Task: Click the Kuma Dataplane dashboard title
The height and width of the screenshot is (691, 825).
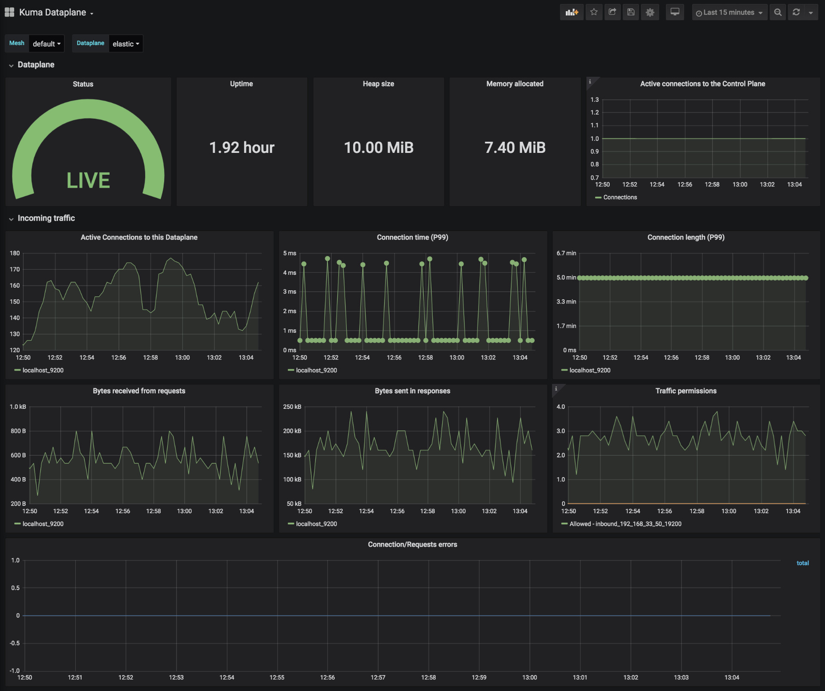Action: pyautogui.click(x=52, y=12)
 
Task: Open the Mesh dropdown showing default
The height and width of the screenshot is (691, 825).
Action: pyautogui.click(x=46, y=44)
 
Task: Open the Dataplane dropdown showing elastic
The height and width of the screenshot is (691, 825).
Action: pyautogui.click(x=125, y=44)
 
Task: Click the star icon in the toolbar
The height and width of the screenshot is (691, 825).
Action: pyautogui.click(x=594, y=12)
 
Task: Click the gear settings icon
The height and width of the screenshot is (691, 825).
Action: pyautogui.click(x=650, y=12)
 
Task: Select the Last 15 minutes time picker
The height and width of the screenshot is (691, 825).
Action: pyautogui.click(x=729, y=12)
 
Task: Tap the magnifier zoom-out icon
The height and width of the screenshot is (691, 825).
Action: pyautogui.click(x=778, y=12)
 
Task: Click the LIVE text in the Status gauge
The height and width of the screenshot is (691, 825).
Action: pyautogui.click(x=88, y=180)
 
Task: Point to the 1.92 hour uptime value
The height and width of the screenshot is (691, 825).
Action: pyautogui.click(x=241, y=148)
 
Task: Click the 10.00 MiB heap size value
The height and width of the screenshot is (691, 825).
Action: pyautogui.click(x=379, y=148)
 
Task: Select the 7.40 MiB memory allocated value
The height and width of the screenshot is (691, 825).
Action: pyautogui.click(x=515, y=148)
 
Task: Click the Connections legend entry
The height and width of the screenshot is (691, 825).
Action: pyautogui.click(x=620, y=197)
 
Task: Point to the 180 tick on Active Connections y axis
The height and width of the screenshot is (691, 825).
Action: pyautogui.click(x=15, y=253)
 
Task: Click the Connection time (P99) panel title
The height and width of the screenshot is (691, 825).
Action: pyautogui.click(x=412, y=237)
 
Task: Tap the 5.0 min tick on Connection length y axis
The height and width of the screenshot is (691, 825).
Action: pyautogui.click(x=566, y=277)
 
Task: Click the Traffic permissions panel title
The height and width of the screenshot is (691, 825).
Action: pyautogui.click(x=686, y=391)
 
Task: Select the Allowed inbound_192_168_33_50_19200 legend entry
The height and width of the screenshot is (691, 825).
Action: pyautogui.click(x=625, y=524)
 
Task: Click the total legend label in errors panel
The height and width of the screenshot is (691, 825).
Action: pyautogui.click(x=802, y=563)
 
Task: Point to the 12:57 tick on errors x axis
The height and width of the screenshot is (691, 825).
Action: pyautogui.click(x=378, y=678)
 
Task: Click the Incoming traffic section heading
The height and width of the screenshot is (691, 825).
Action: pyautogui.click(x=46, y=218)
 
